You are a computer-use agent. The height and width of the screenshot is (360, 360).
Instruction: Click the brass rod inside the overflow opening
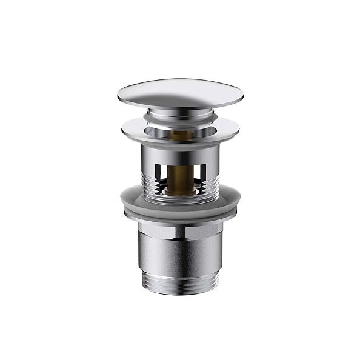pyautogui.click(x=180, y=173)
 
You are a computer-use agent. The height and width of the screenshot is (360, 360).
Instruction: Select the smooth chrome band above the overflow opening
pyautogui.click(x=180, y=152)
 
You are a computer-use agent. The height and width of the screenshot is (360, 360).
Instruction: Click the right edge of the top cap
pyautogui.click(x=242, y=95)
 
